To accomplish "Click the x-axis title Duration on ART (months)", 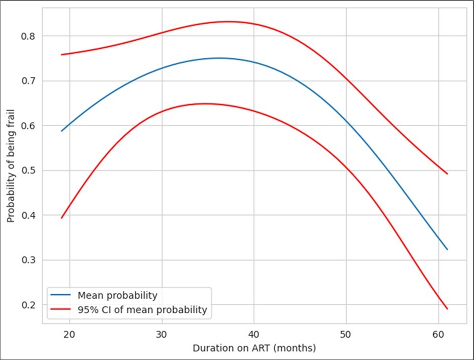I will coord(254,347).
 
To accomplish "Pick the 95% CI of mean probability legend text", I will coord(139,310).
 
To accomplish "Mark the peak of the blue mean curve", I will coord(219,58).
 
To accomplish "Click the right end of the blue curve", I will coord(447,249).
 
